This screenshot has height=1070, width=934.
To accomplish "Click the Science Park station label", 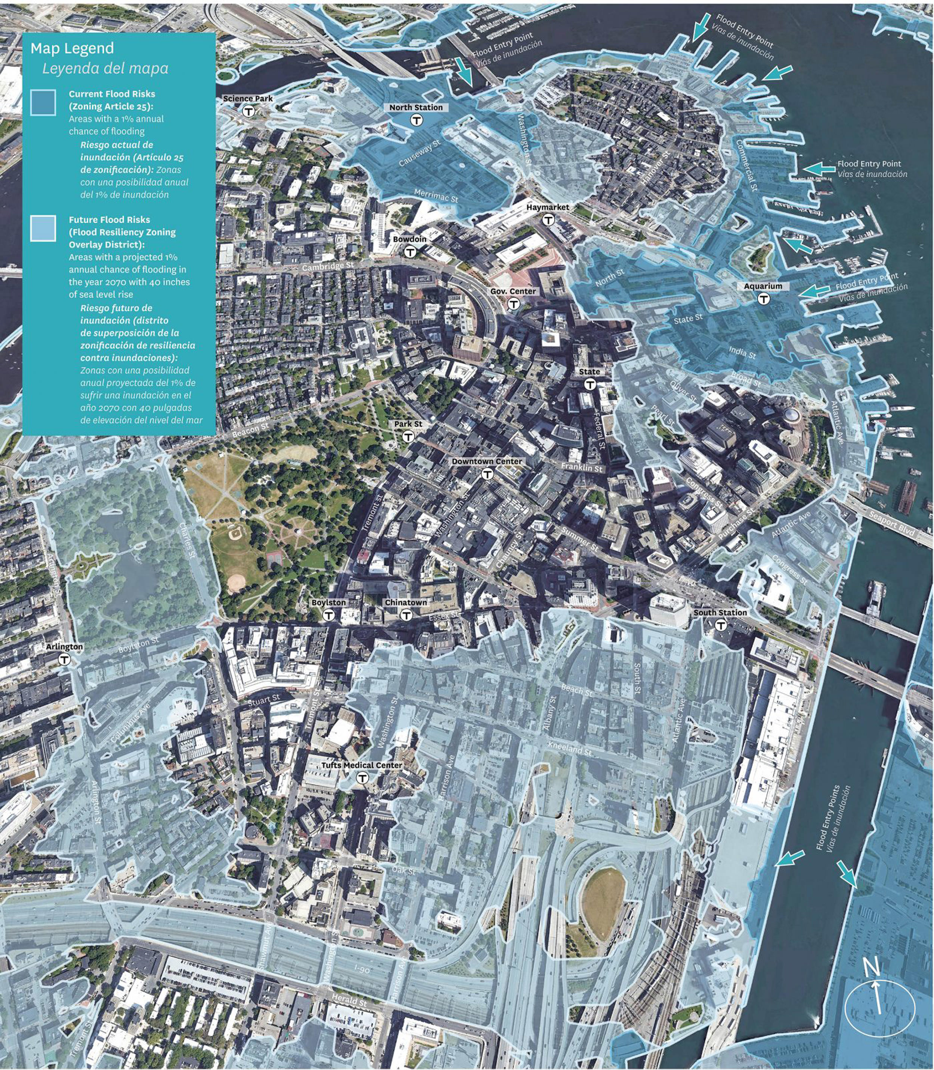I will [x=248, y=99].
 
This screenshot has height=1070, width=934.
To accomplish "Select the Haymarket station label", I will [x=547, y=207].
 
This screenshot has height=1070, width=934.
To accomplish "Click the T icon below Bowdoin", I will [x=410, y=252].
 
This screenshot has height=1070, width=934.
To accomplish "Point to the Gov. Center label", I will [x=513, y=291].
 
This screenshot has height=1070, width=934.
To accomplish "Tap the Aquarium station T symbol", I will [x=764, y=299].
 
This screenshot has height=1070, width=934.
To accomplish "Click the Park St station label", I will [x=408, y=424].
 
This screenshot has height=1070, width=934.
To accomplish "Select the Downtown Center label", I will [x=487, y=462].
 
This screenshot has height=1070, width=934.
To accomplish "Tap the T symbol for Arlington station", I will [x=64, y=660].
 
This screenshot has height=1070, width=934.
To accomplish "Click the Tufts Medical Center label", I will [x=362, y=765].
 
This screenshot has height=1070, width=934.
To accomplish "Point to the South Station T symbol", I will [x=720, y=625].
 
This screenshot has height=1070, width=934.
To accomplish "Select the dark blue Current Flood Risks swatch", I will [x=43, y=102].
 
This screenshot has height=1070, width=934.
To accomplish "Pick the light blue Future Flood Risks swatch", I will [x=43, y=228].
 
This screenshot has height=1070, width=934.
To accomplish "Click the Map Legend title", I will [x=72, y=49].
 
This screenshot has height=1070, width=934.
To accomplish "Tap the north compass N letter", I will [x=871, y=969].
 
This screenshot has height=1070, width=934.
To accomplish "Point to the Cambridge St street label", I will [x=327, y=266].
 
